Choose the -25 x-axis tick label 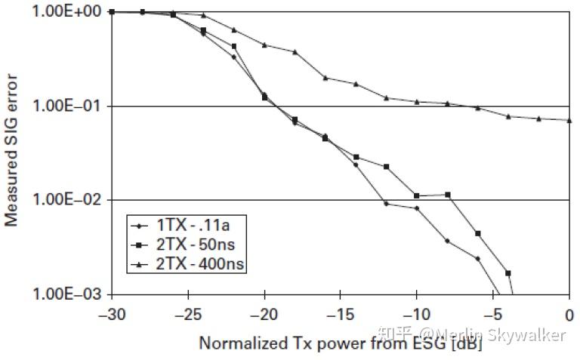pos(188,312)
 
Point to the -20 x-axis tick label pos(264,312)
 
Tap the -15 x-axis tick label pos(341,312)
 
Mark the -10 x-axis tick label pos(417,312)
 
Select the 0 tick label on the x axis pos(569,312)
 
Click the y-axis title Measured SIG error pos(13,152)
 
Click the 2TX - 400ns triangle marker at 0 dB pos(569,120)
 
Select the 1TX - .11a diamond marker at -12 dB pos(386,204)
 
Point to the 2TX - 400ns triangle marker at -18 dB pos(295,52)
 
